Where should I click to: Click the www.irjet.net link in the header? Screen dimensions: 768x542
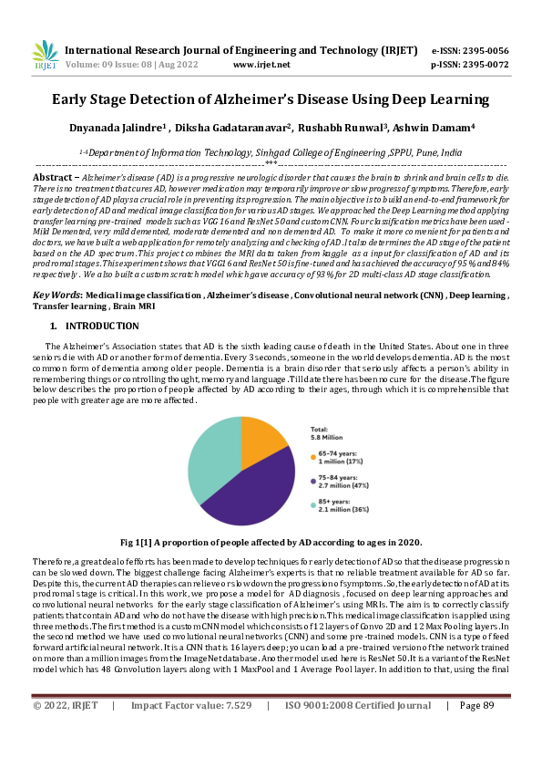point(261,65)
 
